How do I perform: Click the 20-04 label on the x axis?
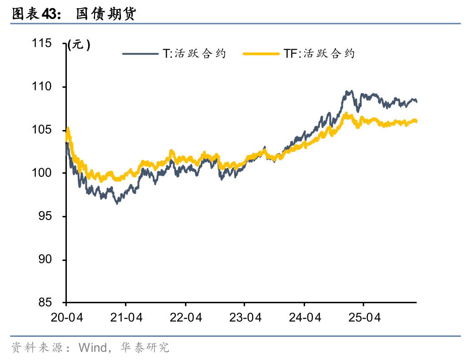[x=66, y=317]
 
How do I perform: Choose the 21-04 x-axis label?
[x=126, y=317]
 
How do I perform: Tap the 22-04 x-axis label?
[x=185, y=317]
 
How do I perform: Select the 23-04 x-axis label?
[x=245, y=317]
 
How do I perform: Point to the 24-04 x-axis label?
[x=305, y=317]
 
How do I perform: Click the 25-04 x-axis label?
[x=364, y=317]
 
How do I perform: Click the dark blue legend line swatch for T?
[x=140, y=54]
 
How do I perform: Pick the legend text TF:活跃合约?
[x=319, y=54]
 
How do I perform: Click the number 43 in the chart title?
[x=50, y=15]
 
